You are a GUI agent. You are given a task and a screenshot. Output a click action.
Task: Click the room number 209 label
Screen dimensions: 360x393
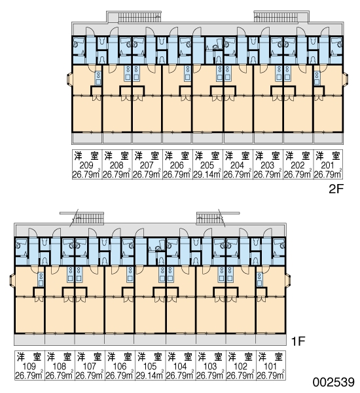click(x=86, y=166)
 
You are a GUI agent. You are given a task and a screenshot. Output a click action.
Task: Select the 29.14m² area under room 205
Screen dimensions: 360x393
click(x=207, y=174)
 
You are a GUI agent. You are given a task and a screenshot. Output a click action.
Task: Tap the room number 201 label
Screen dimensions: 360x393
click(x=327, y=166)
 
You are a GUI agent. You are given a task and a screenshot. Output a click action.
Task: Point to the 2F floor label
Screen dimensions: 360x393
click(x=335, y=189)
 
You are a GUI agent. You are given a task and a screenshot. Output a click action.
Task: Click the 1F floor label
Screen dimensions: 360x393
click(x=298, y=341)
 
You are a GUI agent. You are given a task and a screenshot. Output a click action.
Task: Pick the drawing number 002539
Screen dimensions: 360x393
click(x=334, y=383)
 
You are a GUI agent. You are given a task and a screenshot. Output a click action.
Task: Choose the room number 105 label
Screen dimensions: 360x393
click(x=149, y=366)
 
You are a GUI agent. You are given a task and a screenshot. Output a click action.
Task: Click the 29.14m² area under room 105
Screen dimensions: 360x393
click(x=150, y=375)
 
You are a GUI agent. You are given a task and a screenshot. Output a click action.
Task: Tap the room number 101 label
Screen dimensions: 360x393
click(x=270, y=366)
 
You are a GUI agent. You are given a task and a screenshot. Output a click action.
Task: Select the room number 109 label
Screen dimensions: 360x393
click(x=29, y=366)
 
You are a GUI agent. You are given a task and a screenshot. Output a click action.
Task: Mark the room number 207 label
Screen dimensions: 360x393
click(x=147, y=166)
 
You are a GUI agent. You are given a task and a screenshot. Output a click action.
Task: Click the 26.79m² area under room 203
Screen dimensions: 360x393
click(x=268, y=174)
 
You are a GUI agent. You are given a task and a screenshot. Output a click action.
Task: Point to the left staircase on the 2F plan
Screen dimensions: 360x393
click(x=139, y=18)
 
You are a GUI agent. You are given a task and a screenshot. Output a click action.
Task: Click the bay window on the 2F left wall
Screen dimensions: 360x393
click(x=69, y=79)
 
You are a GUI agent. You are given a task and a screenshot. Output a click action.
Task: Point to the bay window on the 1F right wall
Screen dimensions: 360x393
click(x=288, y=280)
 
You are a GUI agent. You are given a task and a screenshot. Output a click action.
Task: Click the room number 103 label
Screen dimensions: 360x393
click(x=210, y=366)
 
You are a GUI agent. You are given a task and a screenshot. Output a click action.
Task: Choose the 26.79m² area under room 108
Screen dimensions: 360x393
click(x=60, y=375)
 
